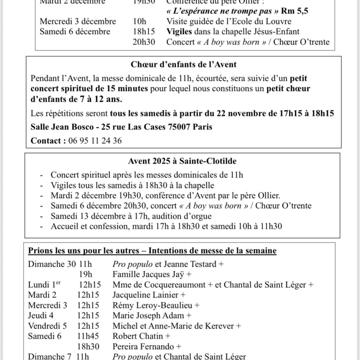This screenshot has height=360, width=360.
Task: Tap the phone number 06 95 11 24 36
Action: point(95,140)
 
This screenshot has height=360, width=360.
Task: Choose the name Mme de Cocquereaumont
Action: point(159,285)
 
